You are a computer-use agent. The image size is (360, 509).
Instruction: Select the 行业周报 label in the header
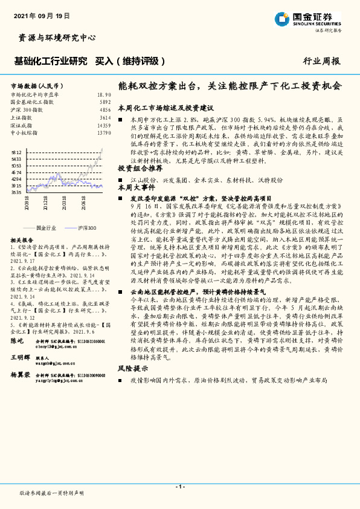[321, 61]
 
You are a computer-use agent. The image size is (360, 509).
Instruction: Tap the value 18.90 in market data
[104, 95]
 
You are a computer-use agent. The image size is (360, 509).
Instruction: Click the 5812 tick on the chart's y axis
[16, 152]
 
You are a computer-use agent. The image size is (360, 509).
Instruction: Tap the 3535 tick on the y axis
[16, 192]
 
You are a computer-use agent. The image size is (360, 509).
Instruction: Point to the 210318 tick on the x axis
[63, 205]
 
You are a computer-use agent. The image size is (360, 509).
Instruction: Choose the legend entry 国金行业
[46, 228]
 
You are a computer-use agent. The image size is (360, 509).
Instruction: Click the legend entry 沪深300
[88, 228]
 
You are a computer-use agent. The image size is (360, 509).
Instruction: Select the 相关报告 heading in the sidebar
[22, 240]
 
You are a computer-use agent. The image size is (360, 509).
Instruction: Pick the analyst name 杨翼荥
[20, 375]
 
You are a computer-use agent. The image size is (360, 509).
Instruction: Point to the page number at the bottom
[179, 487]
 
